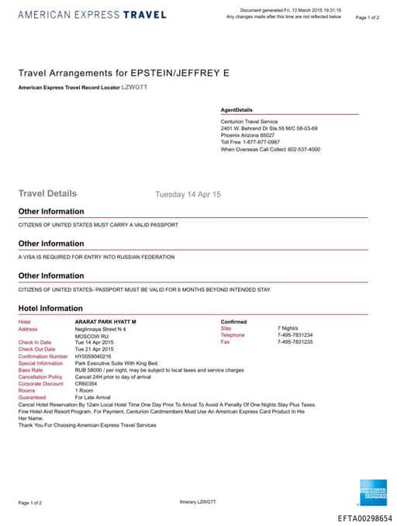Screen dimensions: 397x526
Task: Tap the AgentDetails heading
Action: pyautogui.click(x=236, y=110)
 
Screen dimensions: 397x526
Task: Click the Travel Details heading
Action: pyautogui.click(x=47, y=193)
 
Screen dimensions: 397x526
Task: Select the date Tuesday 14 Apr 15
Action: pyautogui.click(x=188, y=194)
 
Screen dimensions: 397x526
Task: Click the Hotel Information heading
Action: pyautogui.click(x=50, y=308)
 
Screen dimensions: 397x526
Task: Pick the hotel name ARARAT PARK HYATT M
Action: pyautogui.click(x=105, y=321)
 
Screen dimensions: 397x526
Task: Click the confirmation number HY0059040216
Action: pyautogui.click(x=93, y=356)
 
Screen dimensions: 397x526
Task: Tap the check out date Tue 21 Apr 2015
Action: pyautogui.click(x=95, y=349)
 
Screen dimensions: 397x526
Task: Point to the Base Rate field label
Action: pyautogui.click(x=30, y=370)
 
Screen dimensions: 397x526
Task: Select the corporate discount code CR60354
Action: pyautogui.click(x=86, y=383)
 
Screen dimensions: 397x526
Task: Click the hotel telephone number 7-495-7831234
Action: pyautogui.click(x=295, y=335)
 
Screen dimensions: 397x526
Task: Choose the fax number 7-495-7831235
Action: pyautogui.click(x=295, y=342)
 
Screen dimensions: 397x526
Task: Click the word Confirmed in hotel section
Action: pyautogui.click(x=234, y=321)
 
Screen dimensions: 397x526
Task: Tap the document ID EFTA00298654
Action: pyautogui.click(x=365, y=518)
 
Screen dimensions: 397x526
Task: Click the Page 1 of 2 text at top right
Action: pyautogui.click(x=367, y=17)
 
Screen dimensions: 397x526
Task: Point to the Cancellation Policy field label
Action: pyautogui.click(x=40, y=377)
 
